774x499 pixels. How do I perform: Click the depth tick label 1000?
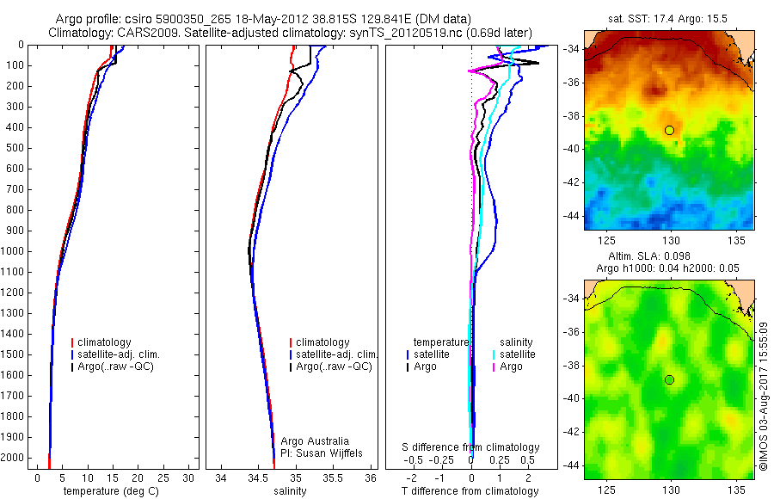[14, 251]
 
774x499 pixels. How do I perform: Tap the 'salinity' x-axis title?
[289, 491]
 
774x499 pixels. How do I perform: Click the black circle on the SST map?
[669, 130]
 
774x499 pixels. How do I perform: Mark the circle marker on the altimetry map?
[669, 379]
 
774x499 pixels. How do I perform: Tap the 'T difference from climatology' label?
[470, 491]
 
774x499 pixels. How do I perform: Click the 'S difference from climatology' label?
[471, 447]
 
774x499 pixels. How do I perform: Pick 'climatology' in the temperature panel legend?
[105, 342]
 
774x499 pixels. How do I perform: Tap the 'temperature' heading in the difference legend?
[442, 342]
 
